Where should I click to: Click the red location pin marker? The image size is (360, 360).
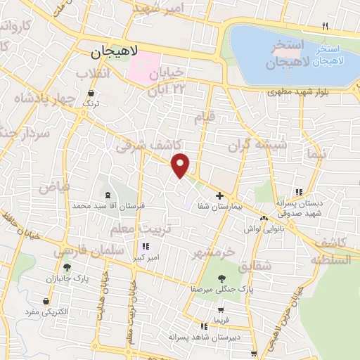point(181,165)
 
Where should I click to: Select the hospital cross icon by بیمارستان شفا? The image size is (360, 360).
point(220,195)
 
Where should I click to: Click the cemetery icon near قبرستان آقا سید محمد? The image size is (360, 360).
point(107,195)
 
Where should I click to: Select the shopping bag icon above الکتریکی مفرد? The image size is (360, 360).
point(46,302)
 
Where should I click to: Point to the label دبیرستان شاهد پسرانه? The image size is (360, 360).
point(204,337)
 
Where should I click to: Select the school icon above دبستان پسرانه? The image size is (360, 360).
point(299,192)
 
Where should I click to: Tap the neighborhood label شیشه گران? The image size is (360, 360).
point(257,146)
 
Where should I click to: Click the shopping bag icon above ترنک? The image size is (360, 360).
point(91,93)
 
